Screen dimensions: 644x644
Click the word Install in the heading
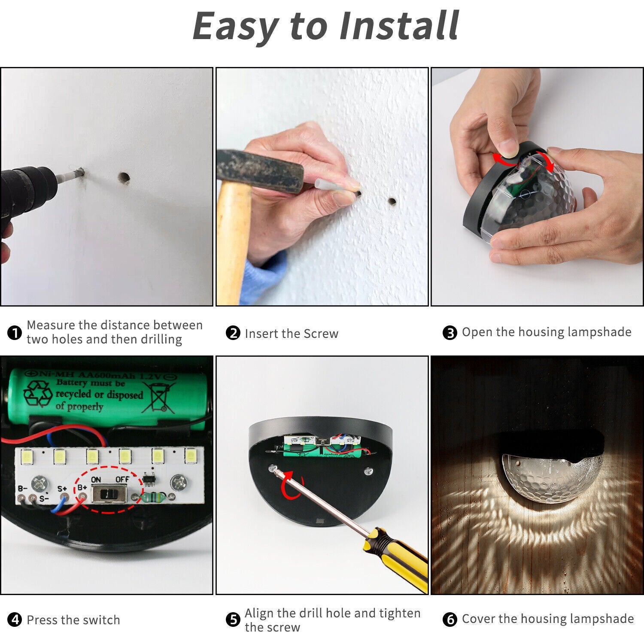point(399,26)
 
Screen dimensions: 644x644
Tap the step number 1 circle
point(15,333)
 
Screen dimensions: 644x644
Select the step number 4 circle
point(15,620)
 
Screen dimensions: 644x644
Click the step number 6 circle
point(450,620)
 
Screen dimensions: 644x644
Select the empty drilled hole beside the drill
point(124,177)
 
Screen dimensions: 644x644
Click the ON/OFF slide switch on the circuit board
point(110,494)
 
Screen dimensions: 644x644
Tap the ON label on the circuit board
point(96,480)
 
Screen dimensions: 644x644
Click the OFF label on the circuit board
point(122,480)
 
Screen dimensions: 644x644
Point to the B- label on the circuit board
point(22,489)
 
